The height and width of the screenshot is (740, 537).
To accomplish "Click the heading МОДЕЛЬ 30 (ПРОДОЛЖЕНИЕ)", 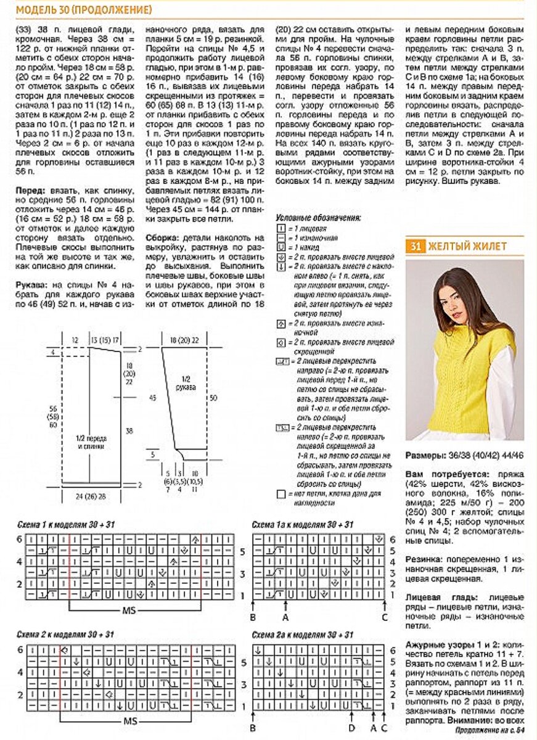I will [x=84, y=10].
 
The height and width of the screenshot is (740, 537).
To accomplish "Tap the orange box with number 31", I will [x=415, y=246].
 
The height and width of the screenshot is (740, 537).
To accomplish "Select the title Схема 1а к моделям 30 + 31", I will [x=302, y=524].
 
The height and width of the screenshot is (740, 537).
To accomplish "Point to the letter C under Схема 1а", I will [x=384, y=616].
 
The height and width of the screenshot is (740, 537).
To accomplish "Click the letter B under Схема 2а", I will [x=253, y=728].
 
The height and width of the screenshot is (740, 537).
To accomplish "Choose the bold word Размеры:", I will [x=426, y=456].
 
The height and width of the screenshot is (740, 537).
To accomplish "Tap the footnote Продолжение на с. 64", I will [x=489, y=730].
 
